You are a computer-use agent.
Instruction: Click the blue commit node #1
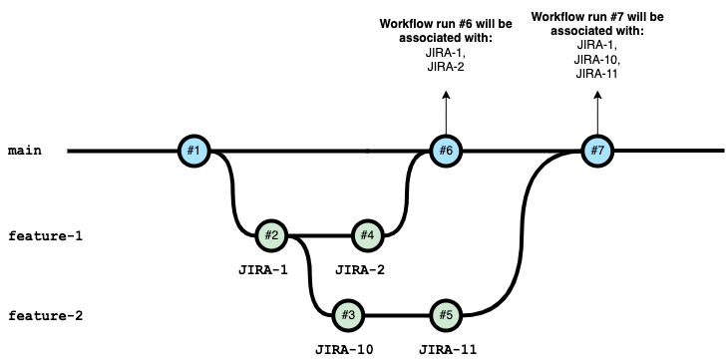coord(194,151)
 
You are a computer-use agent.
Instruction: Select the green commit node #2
coord(271,235)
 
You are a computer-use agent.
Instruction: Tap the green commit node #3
coord(348,315)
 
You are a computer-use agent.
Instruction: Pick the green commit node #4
coord(368,235)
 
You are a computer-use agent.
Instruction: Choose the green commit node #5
coord(446,315)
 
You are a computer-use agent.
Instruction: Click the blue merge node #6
coord(446,151)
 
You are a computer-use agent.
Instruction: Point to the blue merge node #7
coord(597,151)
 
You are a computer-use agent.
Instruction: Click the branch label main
coord(25,151)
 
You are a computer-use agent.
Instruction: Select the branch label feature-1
coord(46,236)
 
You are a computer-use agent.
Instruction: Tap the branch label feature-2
coord(46,316)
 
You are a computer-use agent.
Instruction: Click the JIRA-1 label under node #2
coord(263,270)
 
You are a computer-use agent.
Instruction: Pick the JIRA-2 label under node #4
coord(360,270)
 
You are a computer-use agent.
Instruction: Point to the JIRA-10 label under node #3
coord(344,349)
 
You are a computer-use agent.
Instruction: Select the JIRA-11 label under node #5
coord(448,349)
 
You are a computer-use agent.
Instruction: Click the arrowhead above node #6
coord(446,95)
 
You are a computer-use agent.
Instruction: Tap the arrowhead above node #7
coord(597,95)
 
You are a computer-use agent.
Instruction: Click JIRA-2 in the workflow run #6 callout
coord(446,67)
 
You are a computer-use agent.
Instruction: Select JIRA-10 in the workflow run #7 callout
coord(597,60)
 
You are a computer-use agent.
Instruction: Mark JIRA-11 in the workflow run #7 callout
coord(596,74)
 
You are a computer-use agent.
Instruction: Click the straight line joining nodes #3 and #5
coord(397,315)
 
